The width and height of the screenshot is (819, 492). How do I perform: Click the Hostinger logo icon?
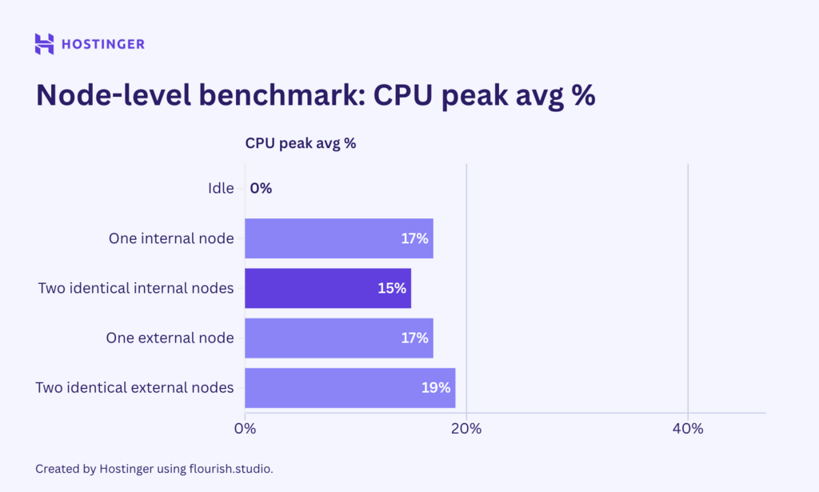[x=45, y=44]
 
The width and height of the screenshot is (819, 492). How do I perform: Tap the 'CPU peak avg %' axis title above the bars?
[x=300, y=144]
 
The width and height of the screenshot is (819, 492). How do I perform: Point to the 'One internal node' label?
[x=171, y=238]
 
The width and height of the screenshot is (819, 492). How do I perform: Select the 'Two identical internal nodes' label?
[x=136, y=288]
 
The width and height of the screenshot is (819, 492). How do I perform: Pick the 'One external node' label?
[x=170, y=338]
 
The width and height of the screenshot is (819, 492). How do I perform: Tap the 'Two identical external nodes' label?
[x=134, y=387]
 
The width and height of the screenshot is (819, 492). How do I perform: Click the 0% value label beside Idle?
[x=261, y=189]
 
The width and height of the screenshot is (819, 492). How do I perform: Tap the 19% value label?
[x=436, y=388]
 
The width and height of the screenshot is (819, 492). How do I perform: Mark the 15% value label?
[x=392, y=288]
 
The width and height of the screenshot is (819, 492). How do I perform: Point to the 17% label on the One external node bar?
[x=414, y=338]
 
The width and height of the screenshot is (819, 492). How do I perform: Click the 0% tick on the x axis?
[x=245, y=429]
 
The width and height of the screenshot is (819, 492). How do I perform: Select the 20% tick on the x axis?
[x=466, y=429]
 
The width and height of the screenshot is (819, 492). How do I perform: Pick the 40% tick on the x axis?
[x=688, y=429]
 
